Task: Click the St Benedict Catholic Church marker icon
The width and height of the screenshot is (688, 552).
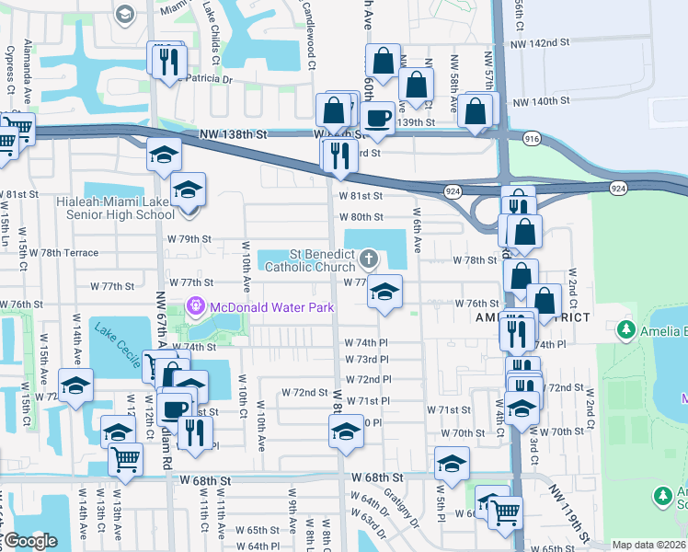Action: [x=370, y=257]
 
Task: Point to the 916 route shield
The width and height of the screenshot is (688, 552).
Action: [x=533, y=137]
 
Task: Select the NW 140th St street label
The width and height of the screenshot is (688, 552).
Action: [x=544, y=102]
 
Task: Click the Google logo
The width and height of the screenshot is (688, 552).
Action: [x=29, y=541]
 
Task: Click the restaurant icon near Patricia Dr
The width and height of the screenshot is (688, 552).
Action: [x=167, y=62]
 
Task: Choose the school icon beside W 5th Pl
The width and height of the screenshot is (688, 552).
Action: [x=452, y=465]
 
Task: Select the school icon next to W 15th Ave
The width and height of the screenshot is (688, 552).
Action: [x=75, y=386]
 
